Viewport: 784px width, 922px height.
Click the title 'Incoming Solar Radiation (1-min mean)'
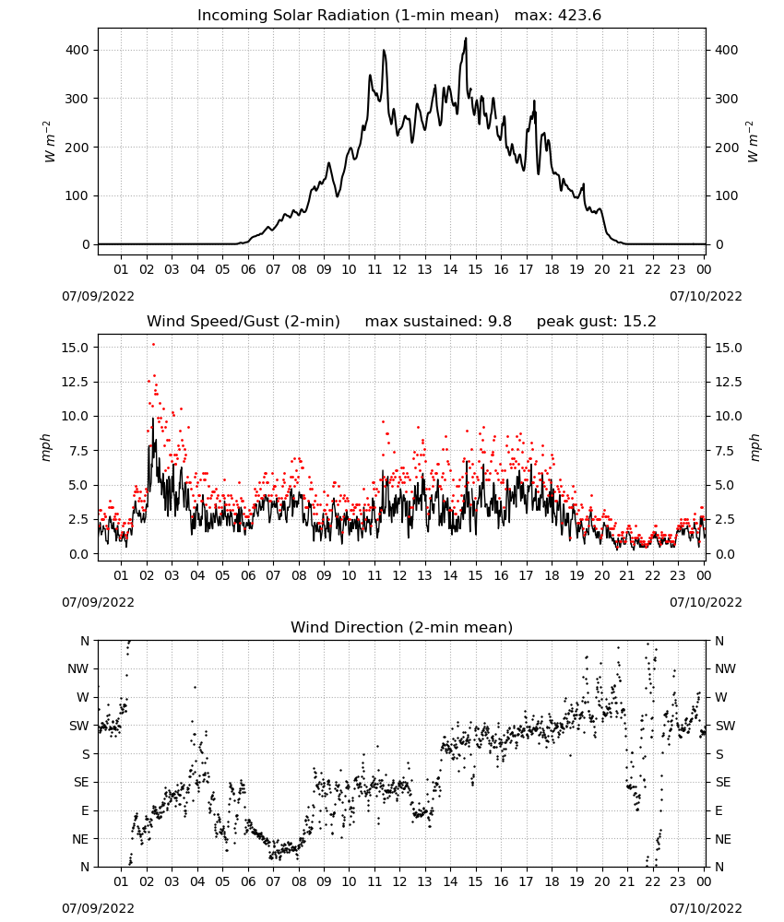(x=348, y=16)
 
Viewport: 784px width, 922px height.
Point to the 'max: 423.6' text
(x=558, y=16)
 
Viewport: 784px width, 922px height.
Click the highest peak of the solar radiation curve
(x=466, y=38)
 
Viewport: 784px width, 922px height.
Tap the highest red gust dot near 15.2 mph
(x=153, y=344)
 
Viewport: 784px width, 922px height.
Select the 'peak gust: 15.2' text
(x=596, y=321)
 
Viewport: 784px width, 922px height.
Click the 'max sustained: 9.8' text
(x=438, y=321)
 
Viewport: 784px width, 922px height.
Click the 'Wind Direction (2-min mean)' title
(x=402, y=627)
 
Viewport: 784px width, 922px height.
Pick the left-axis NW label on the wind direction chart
(x=78, y=668)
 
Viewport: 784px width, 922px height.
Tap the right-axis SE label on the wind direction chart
(x=723, y=782)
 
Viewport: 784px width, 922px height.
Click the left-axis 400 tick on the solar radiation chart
(x=77, y=50)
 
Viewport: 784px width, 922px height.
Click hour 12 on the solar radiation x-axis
(x=399, y=269)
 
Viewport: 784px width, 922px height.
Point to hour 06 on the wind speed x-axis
(x=248, y=575)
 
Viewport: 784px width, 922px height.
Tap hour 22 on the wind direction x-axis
(x=652, y=881)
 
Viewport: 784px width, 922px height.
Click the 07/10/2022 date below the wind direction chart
(x=706, y=908)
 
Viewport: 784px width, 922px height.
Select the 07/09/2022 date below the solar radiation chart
(x=98, y=296)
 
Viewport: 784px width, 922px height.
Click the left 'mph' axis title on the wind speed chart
(x=46, y=447)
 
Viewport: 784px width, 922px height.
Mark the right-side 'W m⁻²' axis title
(x=753, y=141)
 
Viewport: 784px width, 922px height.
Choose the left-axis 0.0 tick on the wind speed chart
(x=79, y=554)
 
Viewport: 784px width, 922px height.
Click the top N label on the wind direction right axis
(x=719, y=641)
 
